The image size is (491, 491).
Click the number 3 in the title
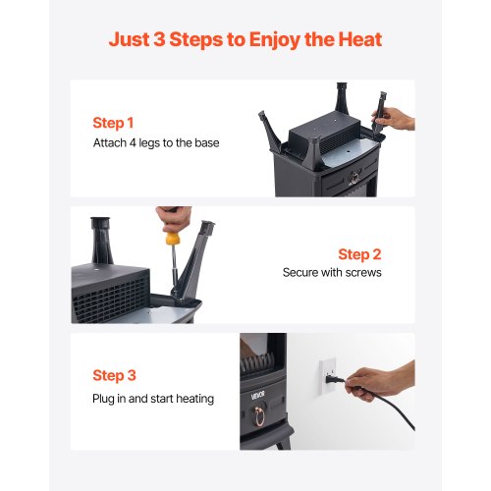click(x=159, y=39)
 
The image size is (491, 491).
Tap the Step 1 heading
click(x=113, y=123)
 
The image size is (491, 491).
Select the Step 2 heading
click(x=359, y=254)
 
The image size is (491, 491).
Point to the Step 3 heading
click(x=114, y=375)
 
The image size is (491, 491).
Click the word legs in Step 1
click(x=149, y=143)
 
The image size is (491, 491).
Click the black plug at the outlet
click(x=335, y=380)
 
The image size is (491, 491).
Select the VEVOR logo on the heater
click(x=257, y=396)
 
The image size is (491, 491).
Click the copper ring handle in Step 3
click(x=259, y=415)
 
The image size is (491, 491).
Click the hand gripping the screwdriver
click(x=173, y=218)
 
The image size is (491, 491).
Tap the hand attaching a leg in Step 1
click(x=395, y=119)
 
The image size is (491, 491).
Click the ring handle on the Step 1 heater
click(x=355, y=178)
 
